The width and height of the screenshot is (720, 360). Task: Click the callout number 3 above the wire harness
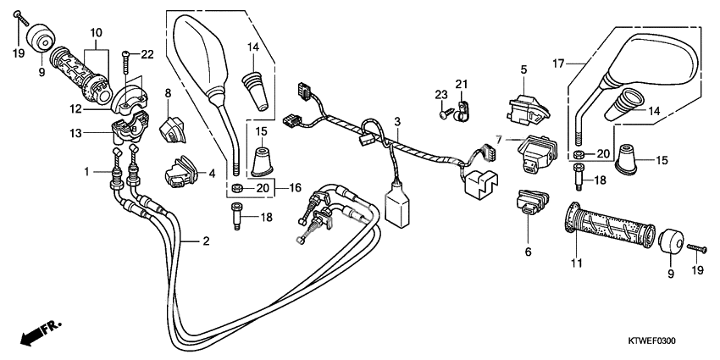(396, 123)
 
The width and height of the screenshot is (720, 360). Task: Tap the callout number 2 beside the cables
(204, 242)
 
